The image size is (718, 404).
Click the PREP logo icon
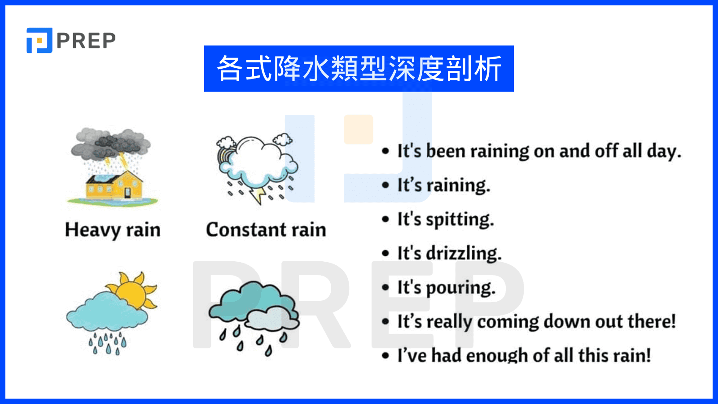39,40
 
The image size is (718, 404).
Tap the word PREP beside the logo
86,41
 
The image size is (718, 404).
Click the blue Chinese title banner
359,69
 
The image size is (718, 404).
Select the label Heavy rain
113,230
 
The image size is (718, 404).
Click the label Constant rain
266,230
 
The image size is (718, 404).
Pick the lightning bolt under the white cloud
259,195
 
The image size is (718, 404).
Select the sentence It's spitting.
445,220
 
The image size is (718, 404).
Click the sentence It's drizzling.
449,254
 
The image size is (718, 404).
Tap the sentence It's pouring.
446,288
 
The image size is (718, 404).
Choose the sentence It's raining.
443,185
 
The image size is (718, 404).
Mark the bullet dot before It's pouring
385,288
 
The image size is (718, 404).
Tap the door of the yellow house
127,193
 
